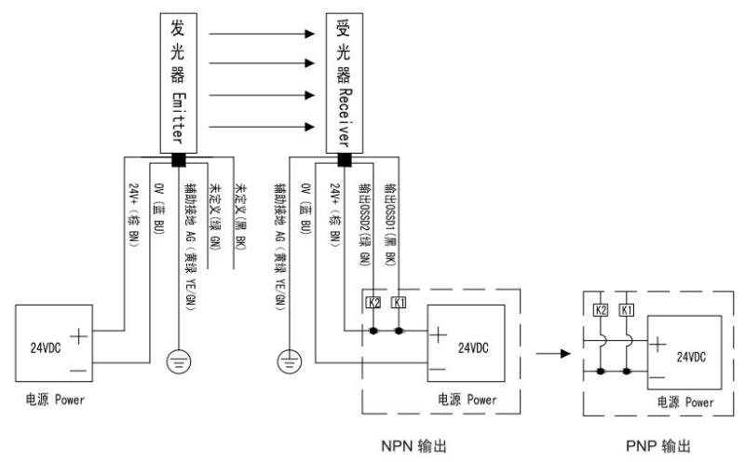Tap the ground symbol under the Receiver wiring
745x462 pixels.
coord(291,359)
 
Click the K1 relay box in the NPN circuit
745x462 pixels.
coord(400,304)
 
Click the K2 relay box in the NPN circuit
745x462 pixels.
coord(374,304)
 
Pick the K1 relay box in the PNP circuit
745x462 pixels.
coord(628,307)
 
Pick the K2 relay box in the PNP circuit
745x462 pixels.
coord(600,307)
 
